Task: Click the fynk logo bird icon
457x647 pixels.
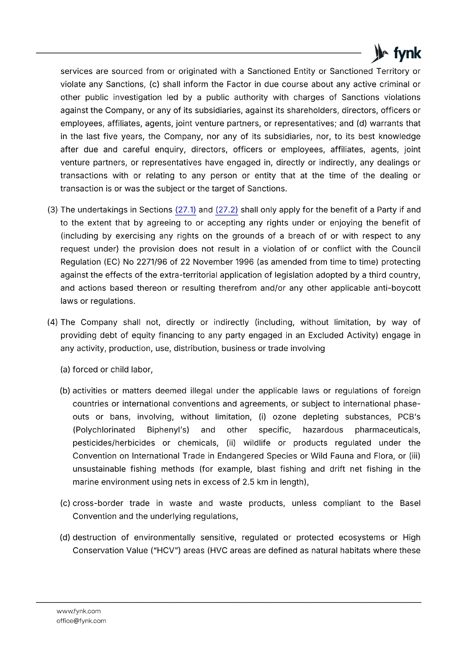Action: pos(379,53)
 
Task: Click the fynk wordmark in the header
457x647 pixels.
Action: pos(407,53)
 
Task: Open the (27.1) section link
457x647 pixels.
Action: pos(185,210)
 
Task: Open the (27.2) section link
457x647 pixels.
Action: pos(227,210)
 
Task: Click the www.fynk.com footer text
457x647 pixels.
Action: pos(78,611)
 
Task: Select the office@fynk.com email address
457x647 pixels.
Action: pos(81,621)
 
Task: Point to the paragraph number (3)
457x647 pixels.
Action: pos(53,210)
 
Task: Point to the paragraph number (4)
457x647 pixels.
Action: pos(53,322)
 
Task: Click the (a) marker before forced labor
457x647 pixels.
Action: pos(65,370)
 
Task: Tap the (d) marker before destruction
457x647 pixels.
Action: pos(65,537)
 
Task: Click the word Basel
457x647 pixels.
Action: pos(410,503)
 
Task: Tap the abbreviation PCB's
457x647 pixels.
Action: pos(409,417)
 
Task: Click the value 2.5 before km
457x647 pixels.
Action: pos(248,482)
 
